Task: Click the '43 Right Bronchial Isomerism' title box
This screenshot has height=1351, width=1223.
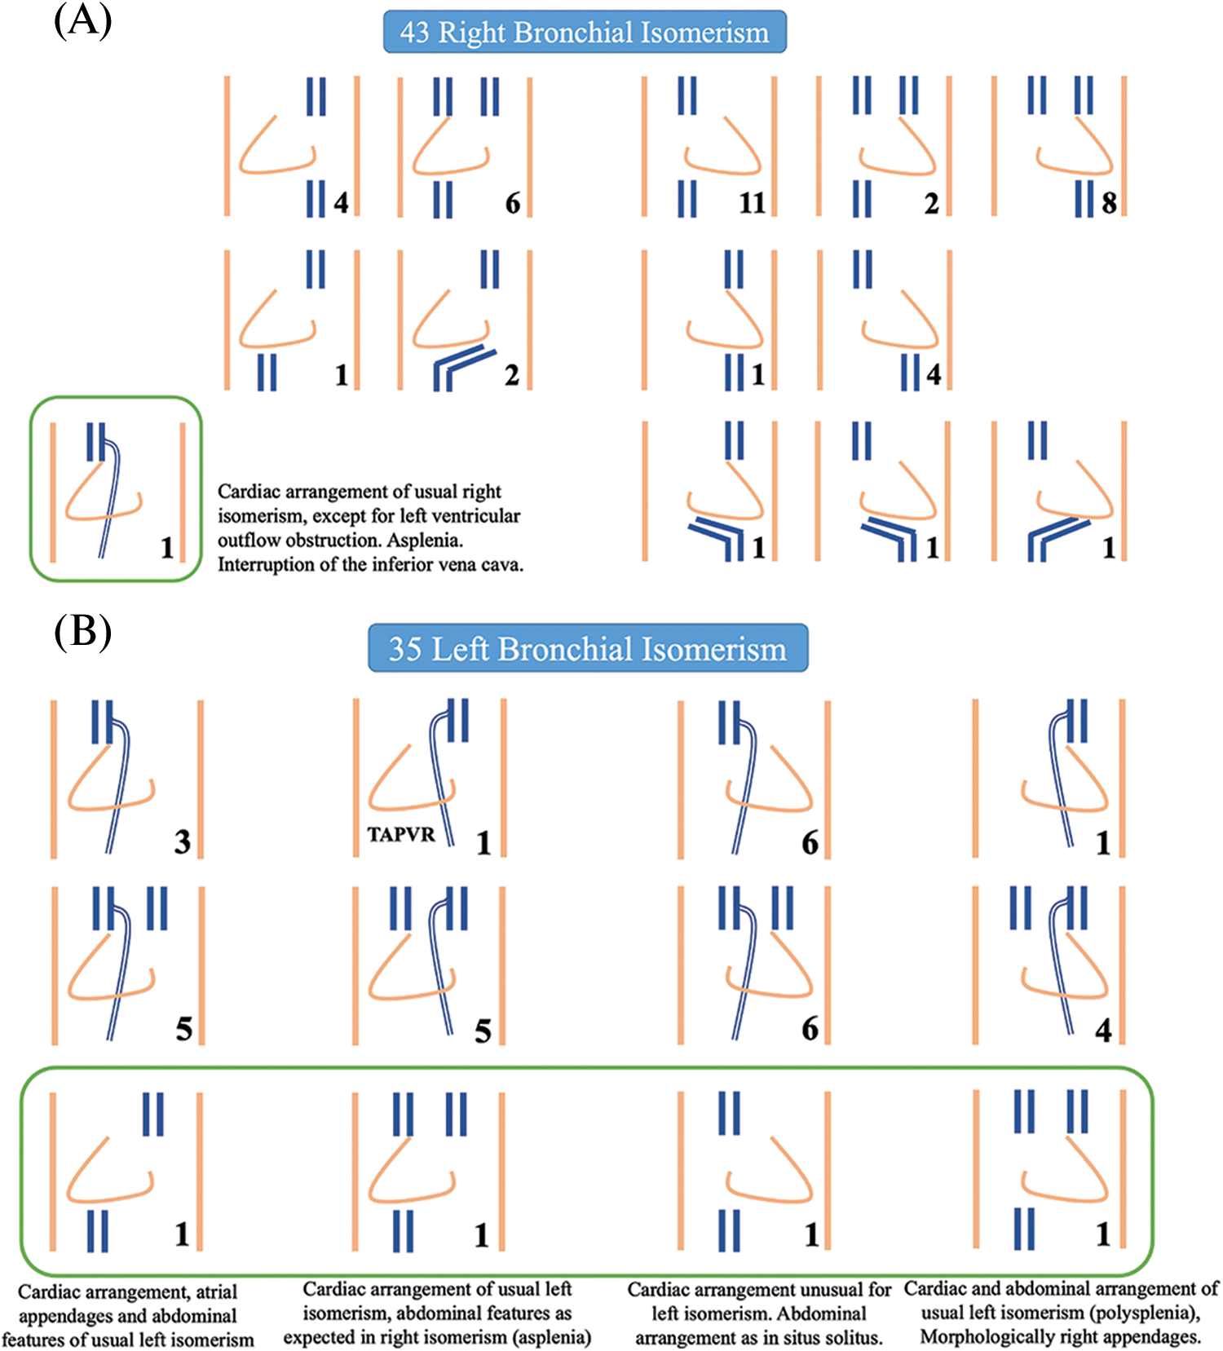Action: [585, 33]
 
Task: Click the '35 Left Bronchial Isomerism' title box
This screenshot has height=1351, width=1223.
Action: [587, 649]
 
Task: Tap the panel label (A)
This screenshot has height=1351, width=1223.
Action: [82, 20]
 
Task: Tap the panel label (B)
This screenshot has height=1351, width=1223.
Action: [82, 632]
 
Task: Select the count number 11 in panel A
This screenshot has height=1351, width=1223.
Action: [752, 202]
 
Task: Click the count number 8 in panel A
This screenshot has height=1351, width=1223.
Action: [1109, 202]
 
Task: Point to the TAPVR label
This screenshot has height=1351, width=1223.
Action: [400, 835]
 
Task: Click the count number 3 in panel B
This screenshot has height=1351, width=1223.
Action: [183, 841]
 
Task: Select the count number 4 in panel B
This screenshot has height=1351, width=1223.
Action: [1103, 1031]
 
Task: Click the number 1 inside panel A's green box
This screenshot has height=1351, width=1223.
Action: [167, 548]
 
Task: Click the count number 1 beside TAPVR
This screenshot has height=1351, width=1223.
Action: [483, 842]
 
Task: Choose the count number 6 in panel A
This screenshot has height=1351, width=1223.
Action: [512, 202]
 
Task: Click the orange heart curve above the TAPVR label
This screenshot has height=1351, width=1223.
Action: [391, 783]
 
